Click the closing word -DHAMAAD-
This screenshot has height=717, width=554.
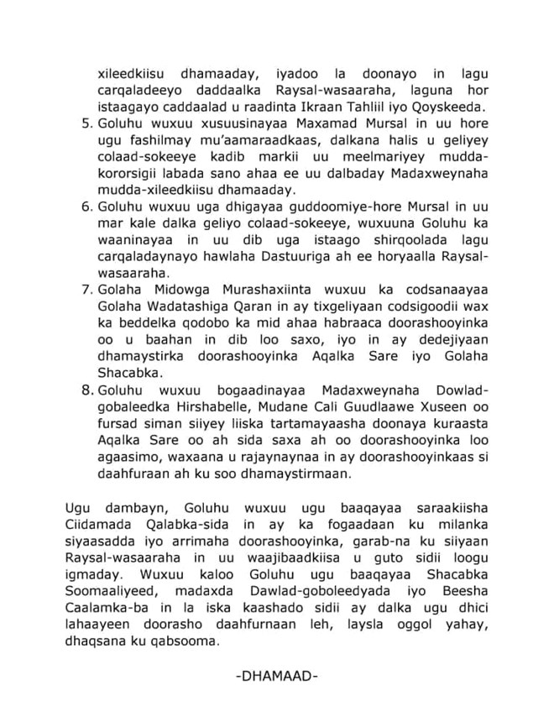pyautogui.click(x=277, y=675)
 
